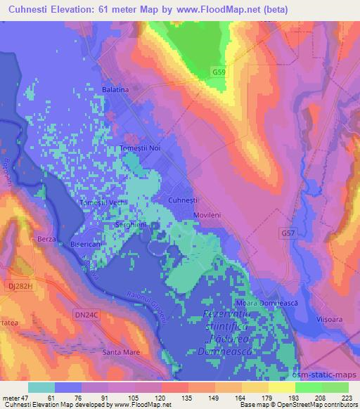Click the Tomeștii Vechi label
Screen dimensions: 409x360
coord(103,202)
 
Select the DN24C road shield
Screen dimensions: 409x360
coord(86,316)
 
